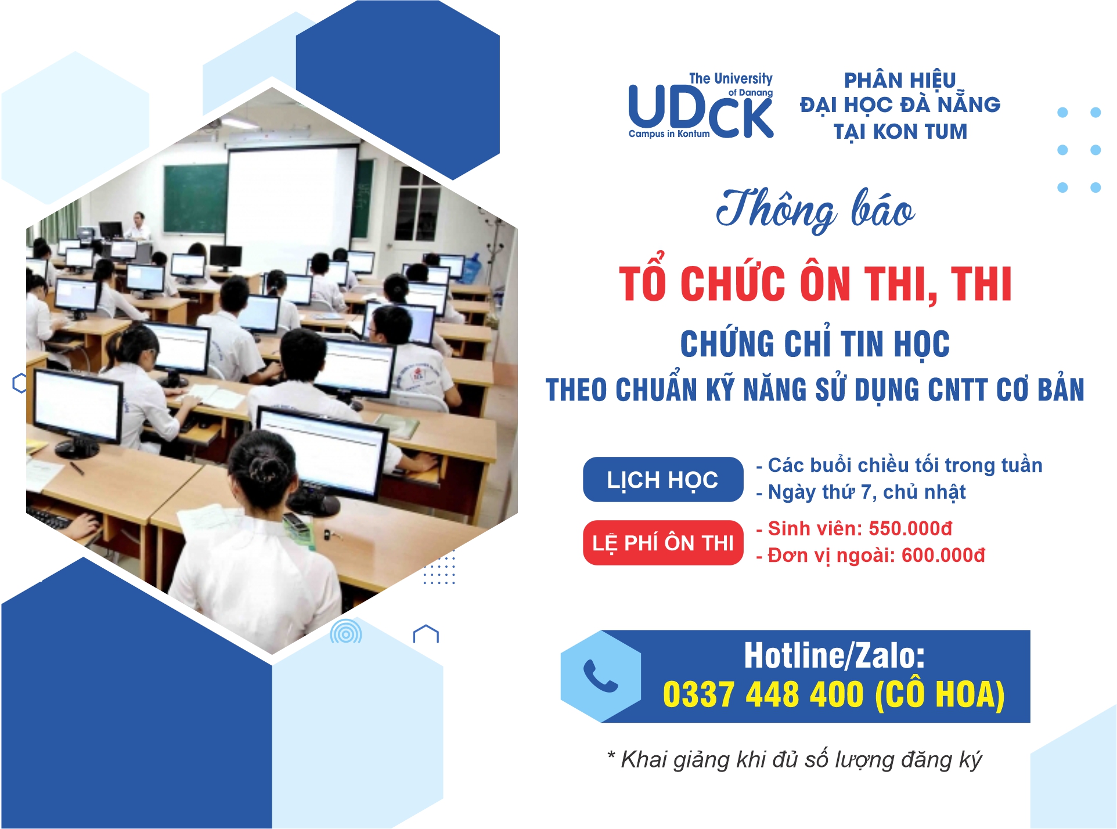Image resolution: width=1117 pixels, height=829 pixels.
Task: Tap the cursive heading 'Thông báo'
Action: click(x=815, y=210)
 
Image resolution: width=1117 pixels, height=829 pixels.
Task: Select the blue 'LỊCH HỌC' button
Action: click(x=663, y=480)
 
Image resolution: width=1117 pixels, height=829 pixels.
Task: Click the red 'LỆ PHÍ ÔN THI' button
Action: click(x=663, y=543)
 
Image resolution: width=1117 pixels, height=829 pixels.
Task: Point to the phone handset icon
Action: click(x=600, y=676)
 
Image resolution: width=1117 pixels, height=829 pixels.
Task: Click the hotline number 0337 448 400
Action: click(x=763, y=694)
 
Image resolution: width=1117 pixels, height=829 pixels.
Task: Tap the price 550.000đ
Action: click(x=910, y=528)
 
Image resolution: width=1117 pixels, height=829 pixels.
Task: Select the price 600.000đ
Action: click(x=943, y=555)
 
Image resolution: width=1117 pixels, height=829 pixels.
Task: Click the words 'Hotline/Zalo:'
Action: click(x=834, y=655)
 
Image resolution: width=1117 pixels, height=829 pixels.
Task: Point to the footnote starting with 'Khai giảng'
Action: click(x=794, y=759)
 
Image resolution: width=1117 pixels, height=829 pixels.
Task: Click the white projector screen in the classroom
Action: click(x=291, y=197)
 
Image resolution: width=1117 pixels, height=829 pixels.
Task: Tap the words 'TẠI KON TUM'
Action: click(x=900, y=132)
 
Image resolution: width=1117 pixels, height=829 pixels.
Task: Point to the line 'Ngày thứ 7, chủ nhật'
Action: click(x=867, y=492)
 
